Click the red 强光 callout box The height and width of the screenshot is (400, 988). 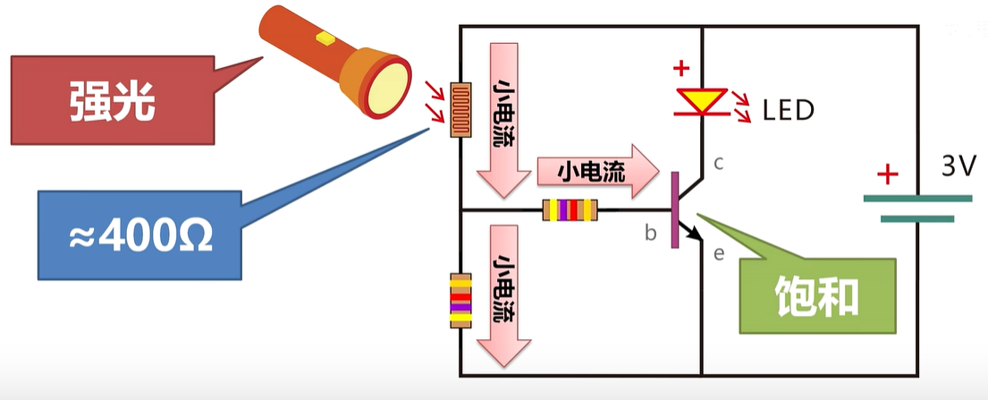113,99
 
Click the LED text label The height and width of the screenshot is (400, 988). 789,110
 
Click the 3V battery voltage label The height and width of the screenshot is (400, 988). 959,166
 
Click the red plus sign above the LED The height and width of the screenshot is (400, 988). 681,67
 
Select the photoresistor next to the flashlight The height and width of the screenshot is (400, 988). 460,111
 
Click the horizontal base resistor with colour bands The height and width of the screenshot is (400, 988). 570,210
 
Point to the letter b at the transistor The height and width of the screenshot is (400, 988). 651,234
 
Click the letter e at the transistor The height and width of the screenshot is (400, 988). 718,253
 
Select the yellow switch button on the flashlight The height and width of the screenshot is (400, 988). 325,38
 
